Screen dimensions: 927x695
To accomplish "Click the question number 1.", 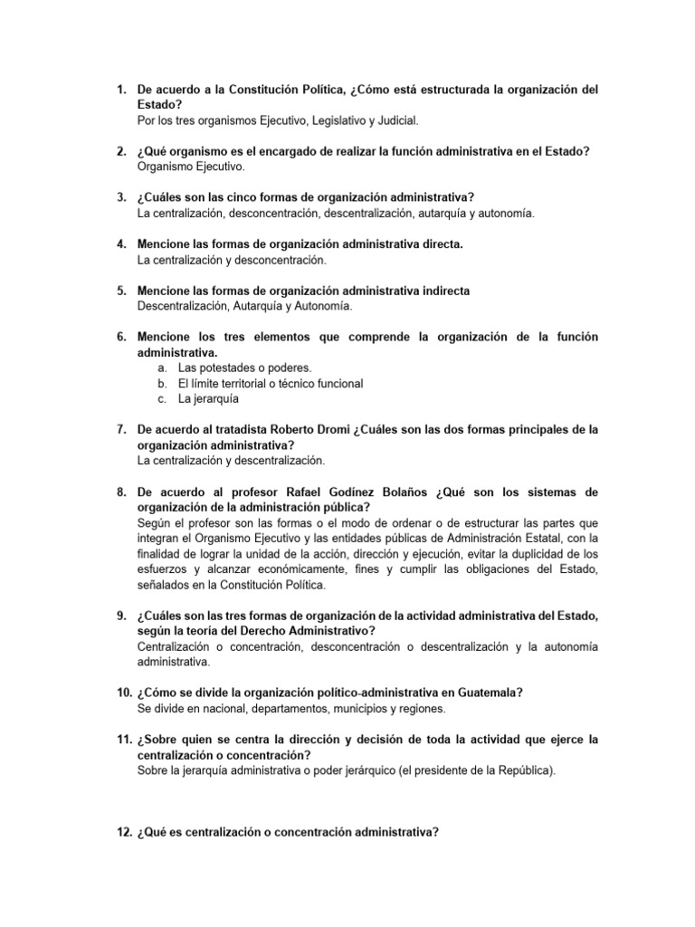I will (121, 91).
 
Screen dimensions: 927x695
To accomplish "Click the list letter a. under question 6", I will (161, 368).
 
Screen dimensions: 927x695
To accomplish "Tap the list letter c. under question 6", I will (161, 397).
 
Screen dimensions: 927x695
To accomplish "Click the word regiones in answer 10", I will (423, 708).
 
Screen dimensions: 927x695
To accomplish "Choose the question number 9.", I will (121, 616).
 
